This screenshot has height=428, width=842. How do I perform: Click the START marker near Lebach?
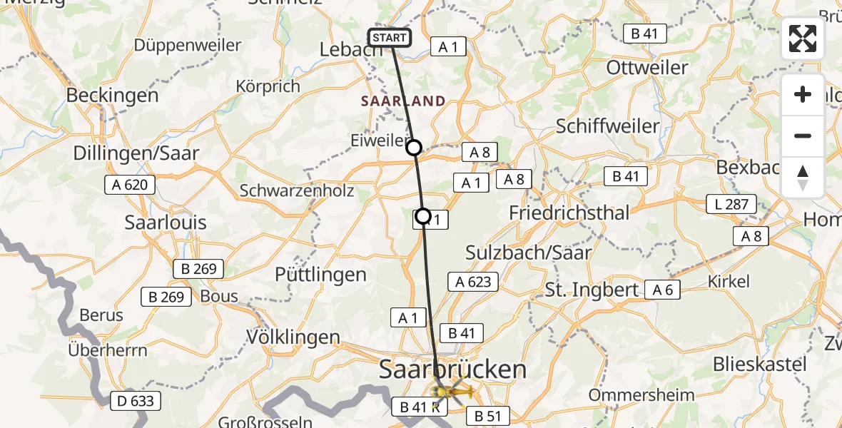tap(390, 38)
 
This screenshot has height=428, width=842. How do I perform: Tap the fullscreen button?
tap(803, 39)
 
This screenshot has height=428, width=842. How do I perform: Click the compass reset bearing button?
tap(803, 178)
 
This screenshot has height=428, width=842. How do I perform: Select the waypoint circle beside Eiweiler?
tap(414, 148)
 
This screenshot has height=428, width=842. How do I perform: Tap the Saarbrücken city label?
tap(452, 370)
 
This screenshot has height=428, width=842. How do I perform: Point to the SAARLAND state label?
tap(402, 101)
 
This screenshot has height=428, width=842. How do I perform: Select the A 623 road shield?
tap(473, 282)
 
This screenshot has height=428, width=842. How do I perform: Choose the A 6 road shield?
tap(663, 289)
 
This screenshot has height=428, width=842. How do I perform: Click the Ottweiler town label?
tap(646, 68)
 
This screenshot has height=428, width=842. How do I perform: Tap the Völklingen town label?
tap(293, 336)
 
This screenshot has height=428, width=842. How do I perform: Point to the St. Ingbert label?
tap(592, 290)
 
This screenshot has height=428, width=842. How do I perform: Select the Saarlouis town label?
tap(166, 223)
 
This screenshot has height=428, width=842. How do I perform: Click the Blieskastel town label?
tap(759, 365)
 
